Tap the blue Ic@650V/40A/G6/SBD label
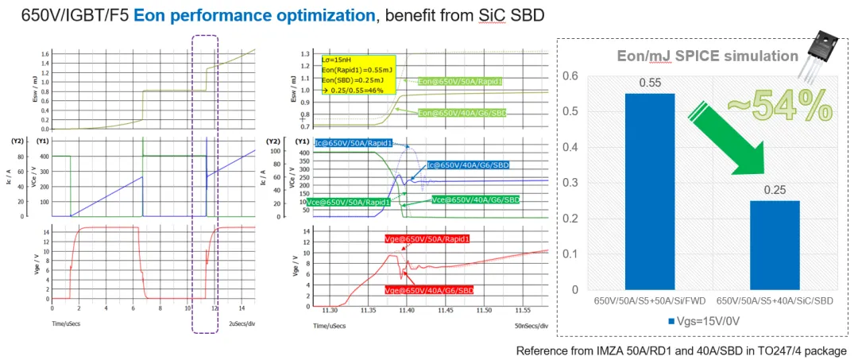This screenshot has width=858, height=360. pyautogui.click(x=468, y=165)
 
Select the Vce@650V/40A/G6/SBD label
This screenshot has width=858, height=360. pyautogui.click(x=474, y=200)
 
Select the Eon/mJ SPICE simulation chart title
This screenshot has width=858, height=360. pyautogui.click(x=708, y=56)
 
